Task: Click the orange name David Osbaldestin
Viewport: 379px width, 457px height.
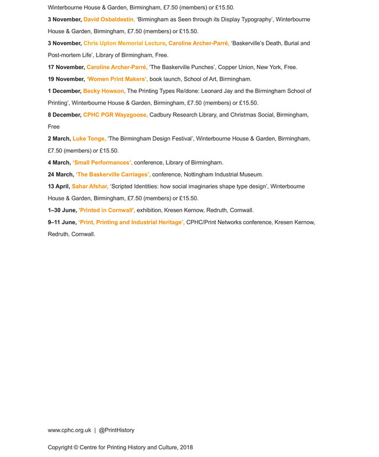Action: click(x=109, y=20)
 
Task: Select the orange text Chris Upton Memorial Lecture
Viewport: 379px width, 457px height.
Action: click(x=124, y=44)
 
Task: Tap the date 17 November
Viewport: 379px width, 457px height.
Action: click(x=66, y=67)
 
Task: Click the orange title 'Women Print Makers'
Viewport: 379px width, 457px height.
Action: click(x=117, y=79)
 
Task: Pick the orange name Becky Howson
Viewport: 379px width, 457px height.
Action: click(x=104, y=91)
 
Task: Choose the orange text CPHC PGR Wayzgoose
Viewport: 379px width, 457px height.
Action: click(x=115, y=115)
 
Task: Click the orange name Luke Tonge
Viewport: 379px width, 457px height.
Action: click(x=89, y=139)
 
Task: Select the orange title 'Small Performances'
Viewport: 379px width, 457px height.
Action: click(x=102, y=163)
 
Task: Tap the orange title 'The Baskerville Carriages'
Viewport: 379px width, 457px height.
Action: click(x=113, y=174)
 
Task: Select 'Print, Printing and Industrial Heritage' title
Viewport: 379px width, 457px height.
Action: click(x=131, y=222)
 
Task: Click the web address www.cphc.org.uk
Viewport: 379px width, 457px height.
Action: click(x=69, y=430)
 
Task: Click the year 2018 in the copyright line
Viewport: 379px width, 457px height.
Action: click(x=186, y=448)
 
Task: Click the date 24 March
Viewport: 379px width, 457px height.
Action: click(x=60, y=174)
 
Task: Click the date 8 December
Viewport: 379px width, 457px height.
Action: click(x=65, y=115)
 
